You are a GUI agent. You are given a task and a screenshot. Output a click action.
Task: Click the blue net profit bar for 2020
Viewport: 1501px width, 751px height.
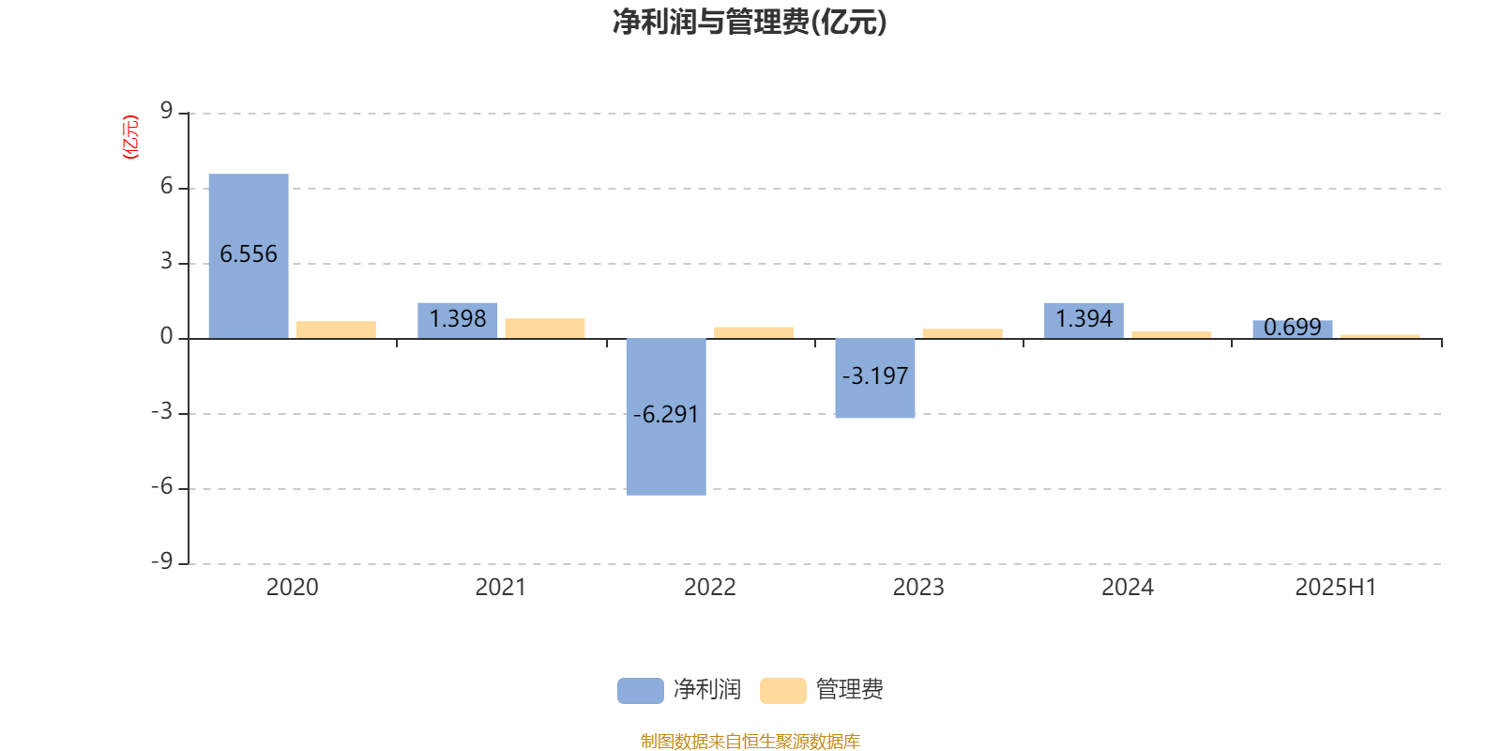point(249,256)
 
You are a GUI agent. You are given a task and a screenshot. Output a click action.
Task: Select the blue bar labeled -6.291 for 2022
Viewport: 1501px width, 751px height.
point(666,417)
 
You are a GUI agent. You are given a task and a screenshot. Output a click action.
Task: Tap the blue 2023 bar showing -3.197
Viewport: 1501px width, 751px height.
point(874,378)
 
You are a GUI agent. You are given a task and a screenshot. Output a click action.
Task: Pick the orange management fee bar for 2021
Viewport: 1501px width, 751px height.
point(545,329)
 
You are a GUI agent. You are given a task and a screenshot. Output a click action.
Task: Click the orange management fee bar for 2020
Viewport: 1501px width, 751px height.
point(336,330)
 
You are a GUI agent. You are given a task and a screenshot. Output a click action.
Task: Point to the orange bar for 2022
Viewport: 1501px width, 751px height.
point(753,332)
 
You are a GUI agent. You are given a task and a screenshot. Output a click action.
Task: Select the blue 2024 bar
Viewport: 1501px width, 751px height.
point(1084,320)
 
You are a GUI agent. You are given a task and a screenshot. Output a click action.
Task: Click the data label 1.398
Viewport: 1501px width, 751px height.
point(458,318)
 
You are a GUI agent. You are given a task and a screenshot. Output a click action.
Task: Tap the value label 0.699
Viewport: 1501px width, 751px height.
point(1293,328)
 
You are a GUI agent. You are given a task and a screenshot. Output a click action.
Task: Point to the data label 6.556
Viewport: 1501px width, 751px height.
point(249,254)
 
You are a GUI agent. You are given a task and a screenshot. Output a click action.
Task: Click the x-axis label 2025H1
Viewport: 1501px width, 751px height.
point(1336,588)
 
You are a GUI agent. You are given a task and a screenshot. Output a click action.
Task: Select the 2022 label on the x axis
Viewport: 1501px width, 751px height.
point(709,588)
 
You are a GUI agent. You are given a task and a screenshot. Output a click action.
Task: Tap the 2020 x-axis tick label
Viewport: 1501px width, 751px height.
point(292,588)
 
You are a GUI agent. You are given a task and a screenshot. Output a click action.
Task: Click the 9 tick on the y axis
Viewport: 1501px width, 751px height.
point(166,111)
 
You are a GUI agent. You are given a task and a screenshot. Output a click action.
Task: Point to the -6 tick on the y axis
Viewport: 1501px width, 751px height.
point(161,487)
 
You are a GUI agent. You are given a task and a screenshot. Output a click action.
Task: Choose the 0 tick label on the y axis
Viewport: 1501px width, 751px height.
point(166,337)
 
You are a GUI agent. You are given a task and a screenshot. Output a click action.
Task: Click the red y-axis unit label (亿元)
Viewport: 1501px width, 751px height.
point(130,137)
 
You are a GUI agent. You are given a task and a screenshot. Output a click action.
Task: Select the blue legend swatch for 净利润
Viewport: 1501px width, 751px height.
point(641,691)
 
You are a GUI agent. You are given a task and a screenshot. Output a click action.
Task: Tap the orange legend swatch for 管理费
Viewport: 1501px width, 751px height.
point(782,691)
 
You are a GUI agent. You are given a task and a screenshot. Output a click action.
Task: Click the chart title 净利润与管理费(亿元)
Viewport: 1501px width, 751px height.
point(750,23)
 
